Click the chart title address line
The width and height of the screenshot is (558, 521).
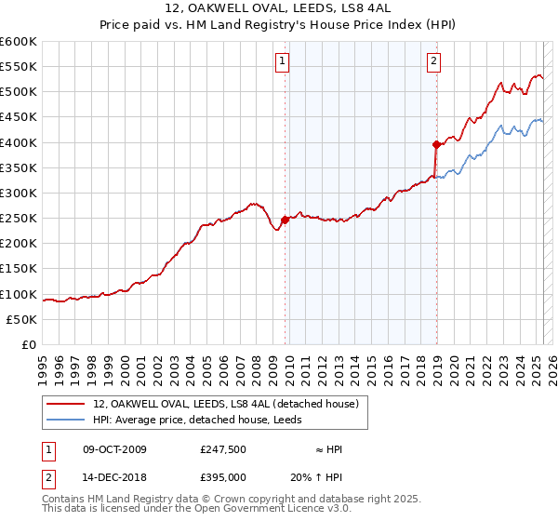pyautogui.click(x=279, y=9)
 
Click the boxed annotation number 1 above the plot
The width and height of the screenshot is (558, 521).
pyautogui.click(x=282, y=62)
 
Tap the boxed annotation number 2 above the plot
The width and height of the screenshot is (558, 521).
pyautogui.click(x=434, y=62)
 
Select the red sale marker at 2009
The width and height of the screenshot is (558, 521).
pyautogui.click(x=285, y=220)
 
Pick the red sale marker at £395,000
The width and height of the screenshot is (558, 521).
pyautogui.click(x=435, y=145)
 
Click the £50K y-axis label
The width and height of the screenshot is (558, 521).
pyautogui.click(x=21, y=319)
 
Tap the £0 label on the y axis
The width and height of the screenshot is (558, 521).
pyautogui.click(x=28, y=344)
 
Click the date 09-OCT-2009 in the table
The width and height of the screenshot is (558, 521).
pyautogui.click(x=114, y=449)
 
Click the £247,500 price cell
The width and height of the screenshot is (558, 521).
pyautogui.click(x=222, y=449)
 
